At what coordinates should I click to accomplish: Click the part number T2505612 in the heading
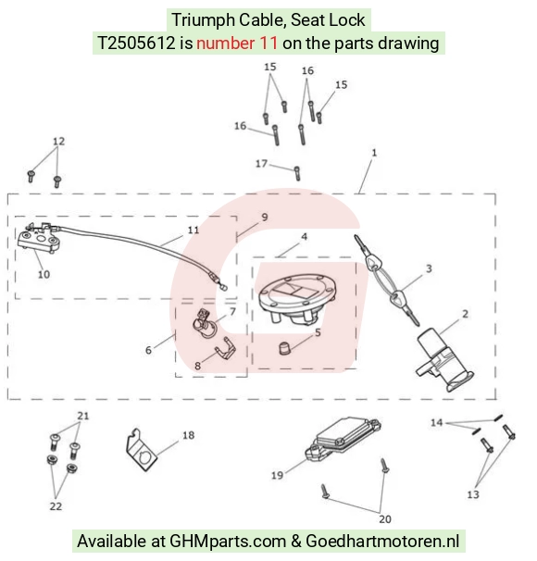(136, 44)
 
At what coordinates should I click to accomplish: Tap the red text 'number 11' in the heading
(237, 44)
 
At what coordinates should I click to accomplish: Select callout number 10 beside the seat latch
(44, 274)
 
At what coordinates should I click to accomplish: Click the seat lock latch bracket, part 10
(39, 238)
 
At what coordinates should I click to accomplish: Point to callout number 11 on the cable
(194, 231)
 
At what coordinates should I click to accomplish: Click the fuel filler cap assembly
(296, 299)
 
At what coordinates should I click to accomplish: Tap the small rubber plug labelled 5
(284, 348)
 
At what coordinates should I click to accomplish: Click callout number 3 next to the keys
(429, 268)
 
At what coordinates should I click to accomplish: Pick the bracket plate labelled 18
(142, 451)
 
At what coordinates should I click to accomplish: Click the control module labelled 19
(342, 439)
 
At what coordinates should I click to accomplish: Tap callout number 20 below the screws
(385, 518)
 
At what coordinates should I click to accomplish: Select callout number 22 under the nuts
(56, 505)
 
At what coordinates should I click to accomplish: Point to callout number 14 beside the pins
(436, 422)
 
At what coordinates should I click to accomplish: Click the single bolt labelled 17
(297, 173)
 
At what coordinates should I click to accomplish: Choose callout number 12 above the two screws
(59, 142)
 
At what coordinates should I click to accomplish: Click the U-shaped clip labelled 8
(225, 349)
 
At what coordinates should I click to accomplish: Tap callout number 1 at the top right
(374, 153)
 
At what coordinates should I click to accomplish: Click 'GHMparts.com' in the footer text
(228, 541)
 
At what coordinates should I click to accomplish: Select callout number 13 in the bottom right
(473, 494)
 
